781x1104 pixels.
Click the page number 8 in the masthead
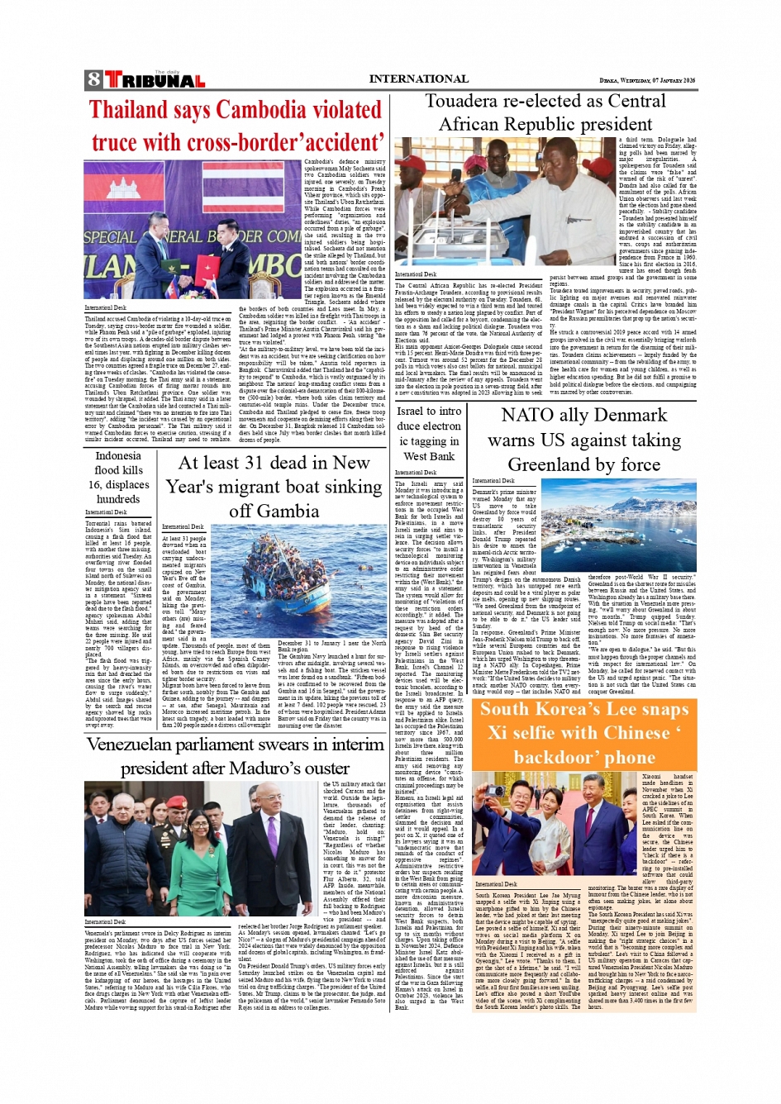[x=93, y=80]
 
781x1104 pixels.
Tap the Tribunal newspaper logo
[x=155, y=80]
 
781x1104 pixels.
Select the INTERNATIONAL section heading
[x=418, y=79]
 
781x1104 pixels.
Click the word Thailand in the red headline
[x=128, y=110]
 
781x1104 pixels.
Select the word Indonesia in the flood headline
[x=118, y=455]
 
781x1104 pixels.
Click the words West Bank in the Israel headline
[x=428, y=456]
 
